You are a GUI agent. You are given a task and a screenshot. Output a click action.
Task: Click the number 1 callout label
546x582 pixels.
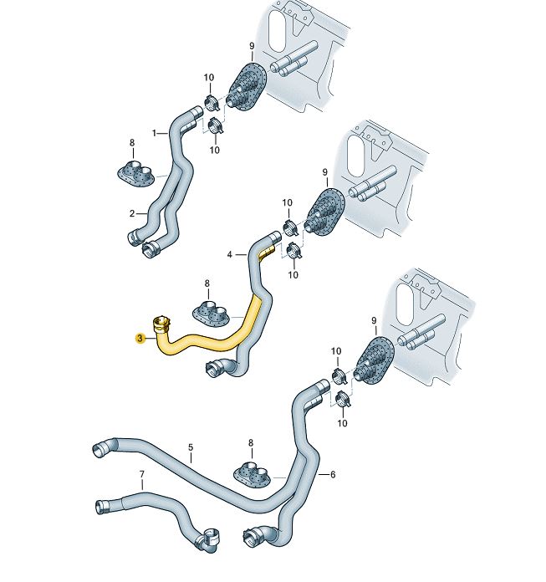[154, 133]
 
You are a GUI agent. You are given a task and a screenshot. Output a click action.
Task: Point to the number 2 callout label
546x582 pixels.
[131, 213]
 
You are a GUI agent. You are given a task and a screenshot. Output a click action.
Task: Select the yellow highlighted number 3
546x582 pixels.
[140, 339]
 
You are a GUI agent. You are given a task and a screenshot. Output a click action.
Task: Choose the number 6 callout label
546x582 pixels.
[332, 475]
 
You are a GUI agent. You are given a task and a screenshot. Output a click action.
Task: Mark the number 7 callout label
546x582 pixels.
[141, 476]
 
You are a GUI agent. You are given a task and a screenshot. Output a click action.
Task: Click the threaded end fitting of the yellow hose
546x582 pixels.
[161, 324]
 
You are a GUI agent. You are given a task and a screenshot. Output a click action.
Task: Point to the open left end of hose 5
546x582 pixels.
[99, 449]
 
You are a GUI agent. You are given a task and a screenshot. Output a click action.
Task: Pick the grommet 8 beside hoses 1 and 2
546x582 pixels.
[134, 173]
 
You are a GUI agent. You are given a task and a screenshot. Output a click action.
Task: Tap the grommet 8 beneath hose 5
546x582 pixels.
[253, 474]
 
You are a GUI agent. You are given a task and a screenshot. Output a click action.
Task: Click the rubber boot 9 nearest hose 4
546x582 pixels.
[321, 215]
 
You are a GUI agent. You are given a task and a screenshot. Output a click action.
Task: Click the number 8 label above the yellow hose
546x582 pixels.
[207, 283]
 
